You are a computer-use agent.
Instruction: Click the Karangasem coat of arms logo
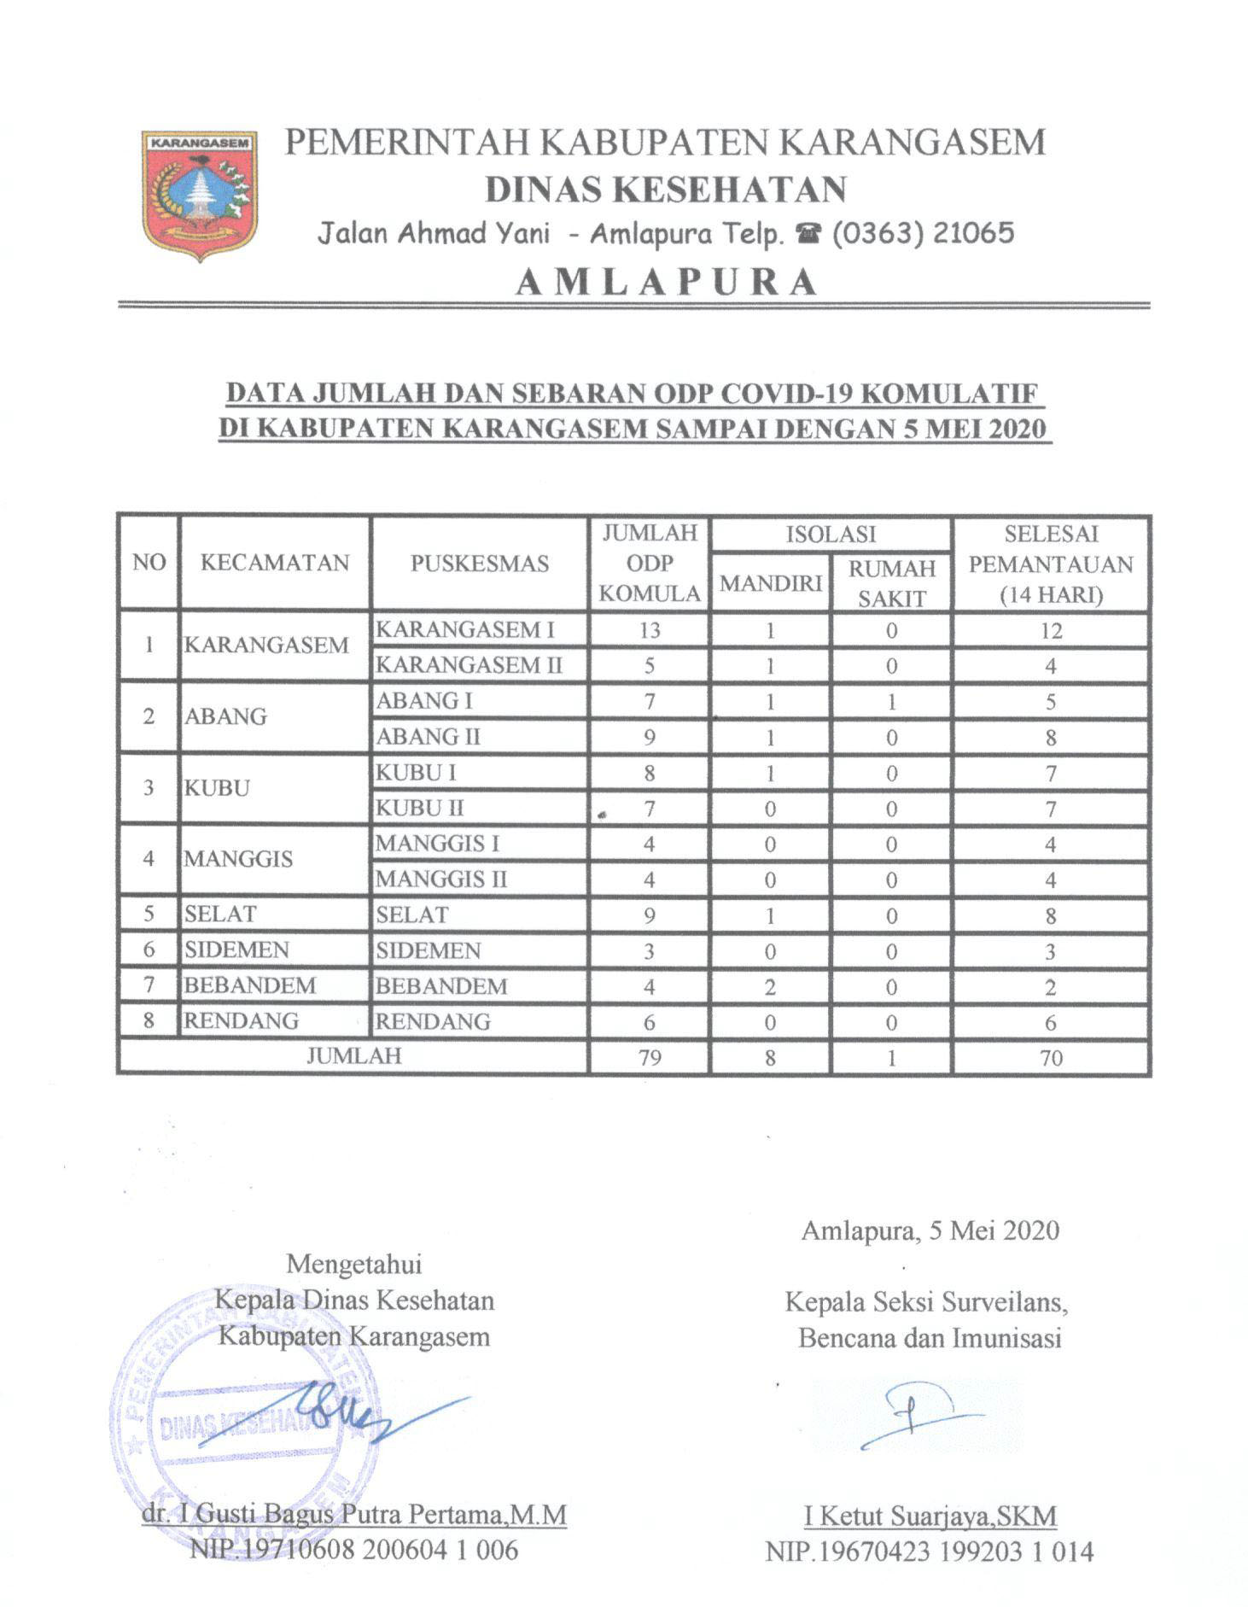[201, 195]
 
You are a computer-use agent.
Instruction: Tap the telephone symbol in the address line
[806, 234]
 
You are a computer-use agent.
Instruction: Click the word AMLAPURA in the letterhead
[666, 282]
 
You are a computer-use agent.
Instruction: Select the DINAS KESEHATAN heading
[666, 190]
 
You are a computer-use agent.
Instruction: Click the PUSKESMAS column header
[479, 564]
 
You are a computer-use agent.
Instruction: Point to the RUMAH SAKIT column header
[891, 583]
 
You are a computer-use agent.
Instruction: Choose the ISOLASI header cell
[830, 535]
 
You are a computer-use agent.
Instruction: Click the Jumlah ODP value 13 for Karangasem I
[650, 630]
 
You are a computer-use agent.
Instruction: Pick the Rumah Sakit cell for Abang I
[891, 702]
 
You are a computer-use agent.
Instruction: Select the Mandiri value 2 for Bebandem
[770, 987]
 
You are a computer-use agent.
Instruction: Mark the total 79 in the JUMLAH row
[650, 1058]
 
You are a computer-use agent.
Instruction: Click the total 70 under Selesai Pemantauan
[1051, 1058]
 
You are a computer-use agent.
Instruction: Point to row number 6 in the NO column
[149, 950]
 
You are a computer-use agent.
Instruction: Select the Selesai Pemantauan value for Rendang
[1051, 1023]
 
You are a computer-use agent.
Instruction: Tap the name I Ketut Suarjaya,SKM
[930, 1516]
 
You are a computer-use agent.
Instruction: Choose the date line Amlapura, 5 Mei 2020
[930, 1230]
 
